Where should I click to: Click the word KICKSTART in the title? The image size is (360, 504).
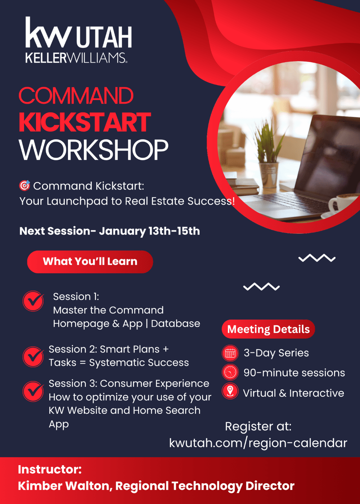tap(85, 122)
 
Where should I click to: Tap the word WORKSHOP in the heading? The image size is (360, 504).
tap(94, 150)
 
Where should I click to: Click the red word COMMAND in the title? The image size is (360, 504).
tap(76, 96)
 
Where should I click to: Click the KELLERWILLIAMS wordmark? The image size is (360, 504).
tap(76, 58)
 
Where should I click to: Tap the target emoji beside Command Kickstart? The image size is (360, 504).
tap(25, 186)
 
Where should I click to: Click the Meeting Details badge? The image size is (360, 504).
tap(268, 329)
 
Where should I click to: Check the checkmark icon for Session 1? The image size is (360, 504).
tap(33, 301)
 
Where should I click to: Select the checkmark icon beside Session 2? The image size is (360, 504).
tap(33, 357)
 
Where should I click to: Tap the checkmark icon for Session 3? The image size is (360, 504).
tap(33, 391)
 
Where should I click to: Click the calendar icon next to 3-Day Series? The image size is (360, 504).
tap(230, 353)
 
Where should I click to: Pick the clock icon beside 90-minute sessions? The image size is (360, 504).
tap(230, 372)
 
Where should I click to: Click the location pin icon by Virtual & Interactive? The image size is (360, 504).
tap(230, 391)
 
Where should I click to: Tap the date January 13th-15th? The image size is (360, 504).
tap(149, 231)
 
